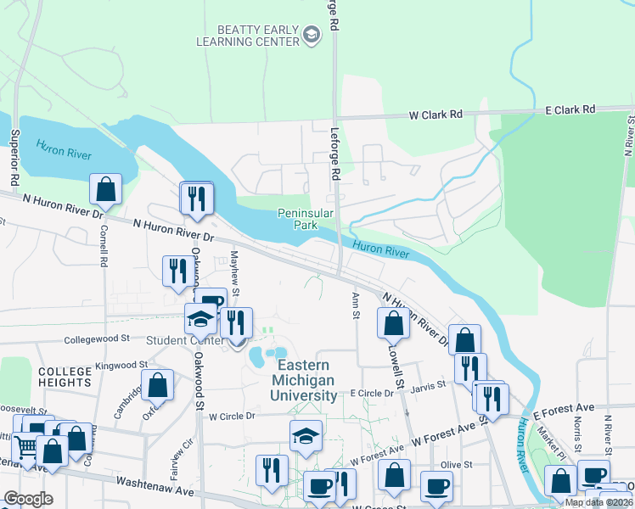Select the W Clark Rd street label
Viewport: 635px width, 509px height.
(x=436, y=114)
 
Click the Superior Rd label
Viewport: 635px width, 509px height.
(x=14, y=158)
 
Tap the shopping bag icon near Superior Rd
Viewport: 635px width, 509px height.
(x=106, y=191)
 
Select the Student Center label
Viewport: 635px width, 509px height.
(x=184, y=341)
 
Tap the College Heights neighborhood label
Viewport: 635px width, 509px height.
(x=64, y=377)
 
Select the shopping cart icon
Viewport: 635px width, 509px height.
(x=26, y=445)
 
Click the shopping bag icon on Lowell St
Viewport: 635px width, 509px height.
(x=393, y=323)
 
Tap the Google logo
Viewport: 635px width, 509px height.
(x=27, y=499)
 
